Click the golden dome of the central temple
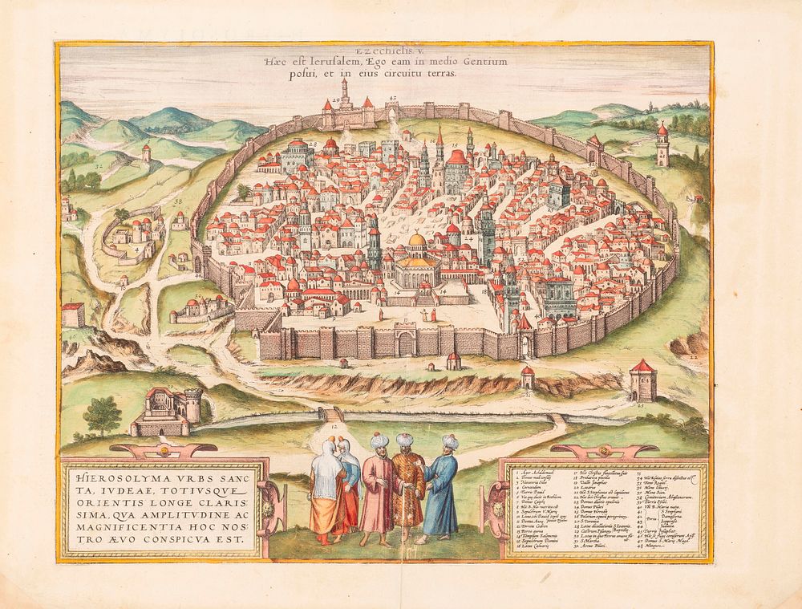pyautogui.click(x=417, y=241)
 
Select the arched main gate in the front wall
pyautogui.click(x=406, y=343)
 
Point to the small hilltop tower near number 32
pyautogui.click(x=146, y=152)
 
